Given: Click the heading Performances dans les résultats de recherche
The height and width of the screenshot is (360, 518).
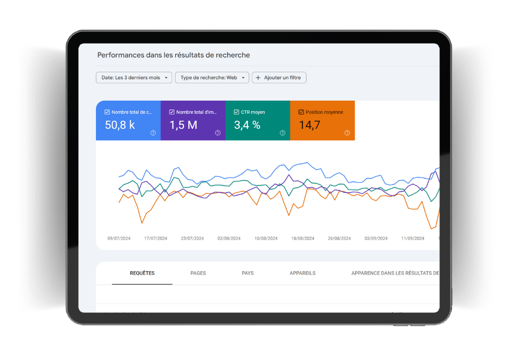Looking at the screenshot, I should tap(173, 55).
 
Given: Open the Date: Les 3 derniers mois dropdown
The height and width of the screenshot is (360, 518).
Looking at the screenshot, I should tap(134, 78).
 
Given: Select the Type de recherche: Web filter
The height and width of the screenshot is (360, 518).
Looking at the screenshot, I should tap(212, 78).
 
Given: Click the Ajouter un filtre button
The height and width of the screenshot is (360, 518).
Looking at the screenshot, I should tap(279, 78).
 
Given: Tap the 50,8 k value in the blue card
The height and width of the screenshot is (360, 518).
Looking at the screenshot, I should tap(120, 125).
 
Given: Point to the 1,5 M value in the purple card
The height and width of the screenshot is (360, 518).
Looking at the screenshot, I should tap(183, 125).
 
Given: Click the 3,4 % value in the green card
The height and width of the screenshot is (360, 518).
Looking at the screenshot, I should tap(247, 125).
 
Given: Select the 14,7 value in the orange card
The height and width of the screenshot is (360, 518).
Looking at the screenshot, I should tap(309, 125).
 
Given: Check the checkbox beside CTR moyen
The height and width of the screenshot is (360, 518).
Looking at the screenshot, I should tap(236, 112).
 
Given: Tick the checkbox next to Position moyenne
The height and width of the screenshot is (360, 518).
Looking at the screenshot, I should tap(301, 112).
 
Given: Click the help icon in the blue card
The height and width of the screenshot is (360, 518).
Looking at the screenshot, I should tap(153, 133).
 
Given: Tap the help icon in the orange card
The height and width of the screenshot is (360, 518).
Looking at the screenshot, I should tap(347, 133).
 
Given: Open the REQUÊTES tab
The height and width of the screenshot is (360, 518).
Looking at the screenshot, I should tap(142, 273).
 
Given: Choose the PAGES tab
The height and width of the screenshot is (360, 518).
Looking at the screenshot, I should tap(198, 273).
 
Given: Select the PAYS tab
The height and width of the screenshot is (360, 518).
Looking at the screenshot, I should tap(247, 273).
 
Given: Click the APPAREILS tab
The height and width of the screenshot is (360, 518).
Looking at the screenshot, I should tap(303, 273).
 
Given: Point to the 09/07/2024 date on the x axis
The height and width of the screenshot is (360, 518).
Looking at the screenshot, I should tap(119, 238).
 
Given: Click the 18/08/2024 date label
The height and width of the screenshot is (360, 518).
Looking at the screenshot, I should tap(303, 238).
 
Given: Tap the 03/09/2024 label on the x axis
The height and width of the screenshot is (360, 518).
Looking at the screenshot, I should tap(376, 238).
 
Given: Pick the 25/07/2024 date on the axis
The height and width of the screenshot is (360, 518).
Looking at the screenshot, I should tap(192, 238).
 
